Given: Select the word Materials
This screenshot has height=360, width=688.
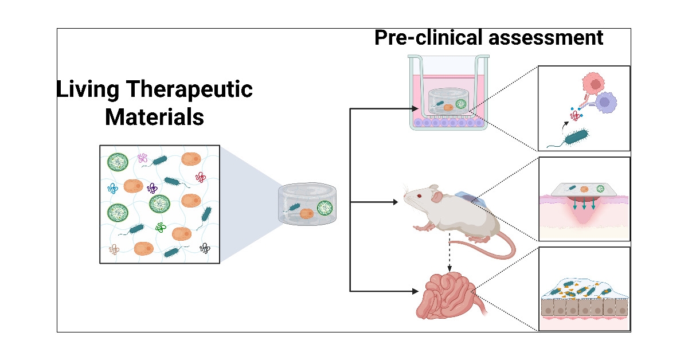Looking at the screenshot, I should pos(155,118).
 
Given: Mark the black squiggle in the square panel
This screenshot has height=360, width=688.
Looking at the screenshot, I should pos(205,248).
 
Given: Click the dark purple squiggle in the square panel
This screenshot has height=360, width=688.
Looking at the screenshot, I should pos(153,187).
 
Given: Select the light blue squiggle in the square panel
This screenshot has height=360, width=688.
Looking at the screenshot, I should pos(112,188).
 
